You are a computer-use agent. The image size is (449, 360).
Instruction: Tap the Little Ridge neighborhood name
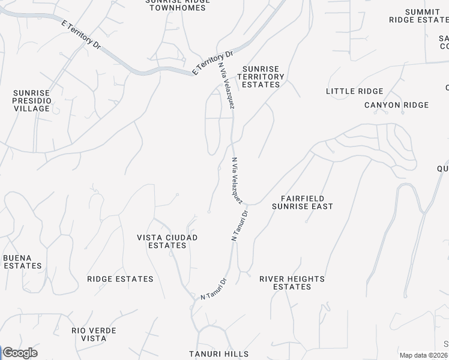click(354, 91)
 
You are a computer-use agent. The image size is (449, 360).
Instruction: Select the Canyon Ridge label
click(396, 105)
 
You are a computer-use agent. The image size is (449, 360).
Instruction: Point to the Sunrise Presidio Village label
click(32, 101)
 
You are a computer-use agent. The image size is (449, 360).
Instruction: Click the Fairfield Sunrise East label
click(302, 202)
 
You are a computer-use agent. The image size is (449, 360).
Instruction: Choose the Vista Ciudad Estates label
click(167, 241)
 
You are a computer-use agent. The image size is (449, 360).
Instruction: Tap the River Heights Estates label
click(292, 283)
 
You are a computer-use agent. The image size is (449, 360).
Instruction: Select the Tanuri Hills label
click(218, 354)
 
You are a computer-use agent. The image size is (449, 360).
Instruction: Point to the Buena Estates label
click(22, 262)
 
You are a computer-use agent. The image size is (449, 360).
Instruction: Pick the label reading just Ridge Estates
click(120, 279)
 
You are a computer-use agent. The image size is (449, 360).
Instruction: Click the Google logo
click(19, 353)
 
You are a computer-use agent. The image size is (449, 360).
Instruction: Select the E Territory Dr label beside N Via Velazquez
click(212, 62)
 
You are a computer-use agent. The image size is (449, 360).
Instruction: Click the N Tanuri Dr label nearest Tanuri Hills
click(214, 289)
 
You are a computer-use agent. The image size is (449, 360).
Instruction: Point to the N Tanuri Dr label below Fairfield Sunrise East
click(240, 226)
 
